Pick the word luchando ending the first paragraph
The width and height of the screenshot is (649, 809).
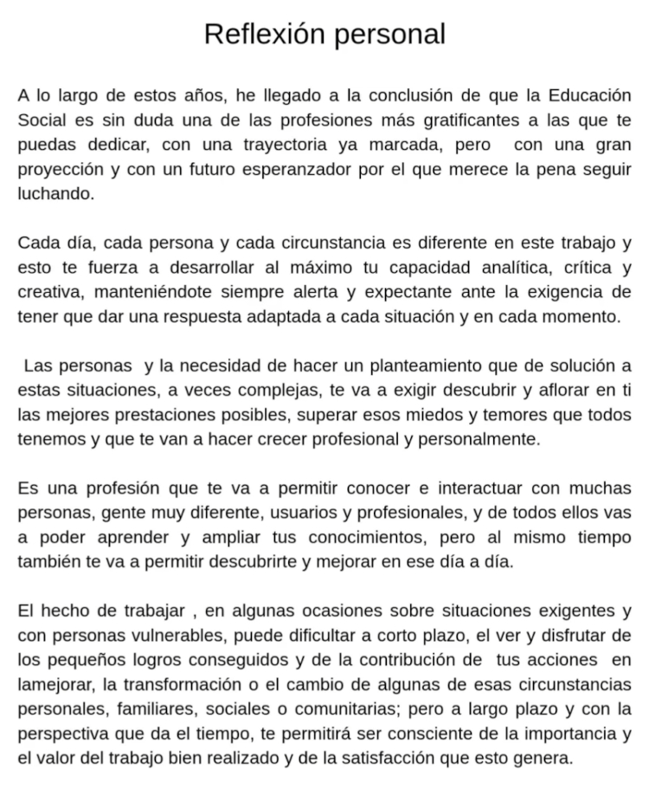55,193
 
